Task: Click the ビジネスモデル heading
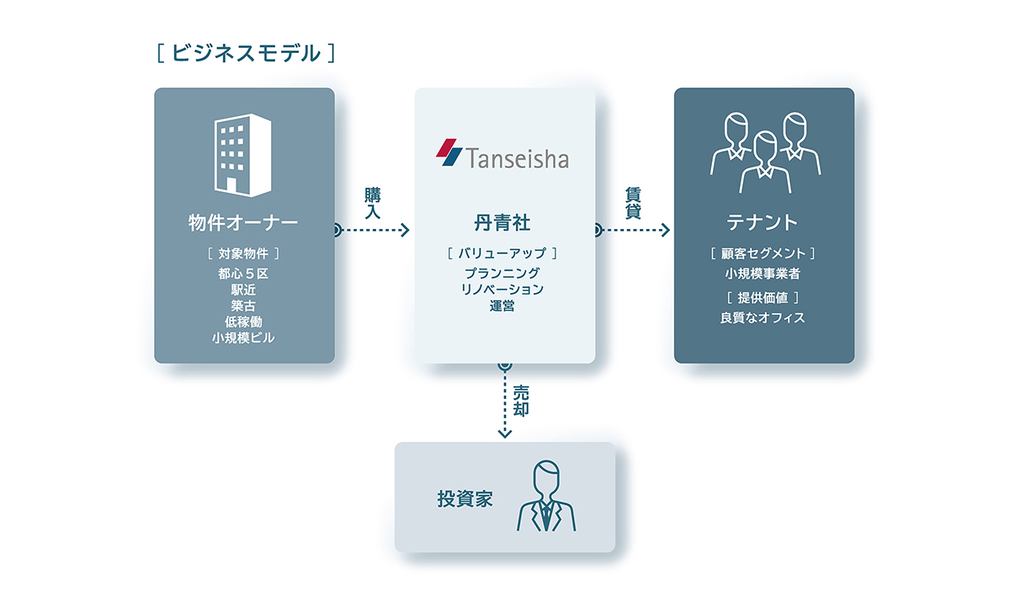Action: (x=246, y=53)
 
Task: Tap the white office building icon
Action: (x=243, y=155)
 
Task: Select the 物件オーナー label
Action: (x=243, y=223)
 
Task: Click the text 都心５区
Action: (x=243, y=274)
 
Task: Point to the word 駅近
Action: (x=243, y=290)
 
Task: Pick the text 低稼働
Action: (x=243, y=321)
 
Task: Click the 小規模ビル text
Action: (x=243, y=338)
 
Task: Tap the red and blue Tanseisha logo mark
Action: (x=449, y=152)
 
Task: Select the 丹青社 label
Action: (x=502, y=223)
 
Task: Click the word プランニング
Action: (x=502, y=274)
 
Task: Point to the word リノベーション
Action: (x=502, y=290)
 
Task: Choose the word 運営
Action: (x=502, y=306)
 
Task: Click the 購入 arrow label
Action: (x=373, y=204)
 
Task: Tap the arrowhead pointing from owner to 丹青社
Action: (x=405, y=231)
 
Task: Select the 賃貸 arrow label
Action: (x=633, y=204)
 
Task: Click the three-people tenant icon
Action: (x=765, y=153)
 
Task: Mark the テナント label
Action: (x=763, y=223)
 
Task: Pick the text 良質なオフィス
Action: (x=763, y=318)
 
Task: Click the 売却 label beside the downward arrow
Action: (x=521, y=401)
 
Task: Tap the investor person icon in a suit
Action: (x=546, y=496)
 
